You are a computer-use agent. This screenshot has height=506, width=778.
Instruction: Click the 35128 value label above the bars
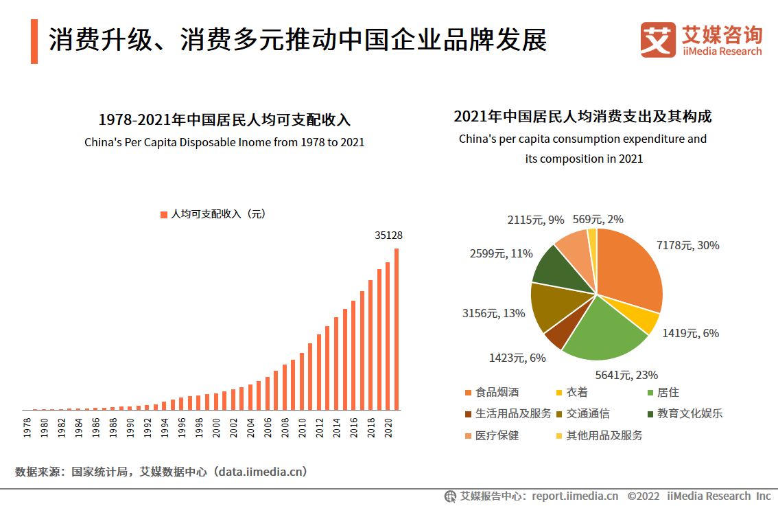388,235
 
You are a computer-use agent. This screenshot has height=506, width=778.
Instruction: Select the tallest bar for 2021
397,330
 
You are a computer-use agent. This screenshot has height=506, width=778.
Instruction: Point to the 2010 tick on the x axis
302,426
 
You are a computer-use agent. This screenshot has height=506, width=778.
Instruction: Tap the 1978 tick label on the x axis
27,426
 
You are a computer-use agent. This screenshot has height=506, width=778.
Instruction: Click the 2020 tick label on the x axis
388,426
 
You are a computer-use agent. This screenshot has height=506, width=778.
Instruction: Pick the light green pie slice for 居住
603,330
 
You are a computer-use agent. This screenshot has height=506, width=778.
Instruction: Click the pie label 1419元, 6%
690,333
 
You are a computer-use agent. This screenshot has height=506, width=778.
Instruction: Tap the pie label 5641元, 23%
626,375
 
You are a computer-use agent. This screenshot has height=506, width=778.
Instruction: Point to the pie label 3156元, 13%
493,313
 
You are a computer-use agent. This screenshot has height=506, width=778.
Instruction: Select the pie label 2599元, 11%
501,253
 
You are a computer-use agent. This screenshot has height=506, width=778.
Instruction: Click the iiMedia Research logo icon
657,39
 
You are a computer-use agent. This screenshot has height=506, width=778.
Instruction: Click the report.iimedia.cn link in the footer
575,496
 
